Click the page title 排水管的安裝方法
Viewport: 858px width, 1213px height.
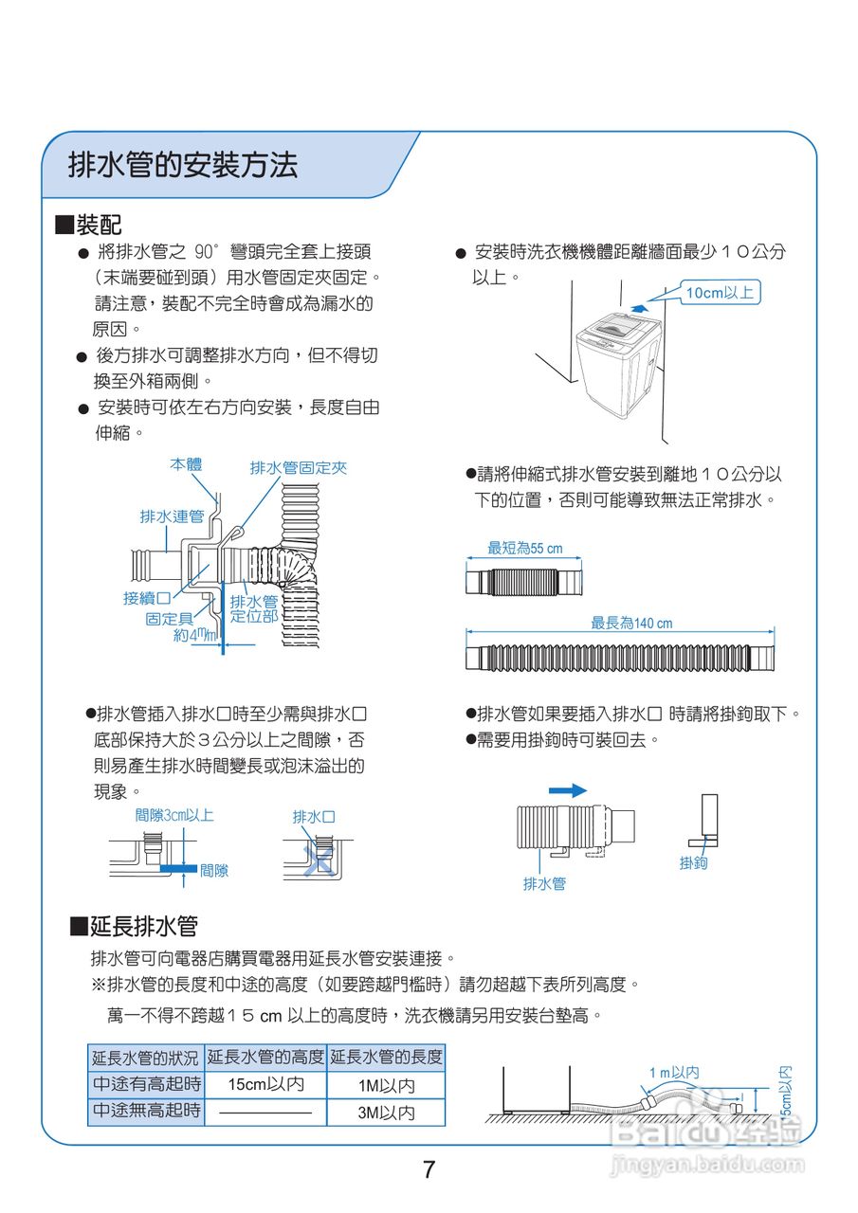click(x=183, y=166)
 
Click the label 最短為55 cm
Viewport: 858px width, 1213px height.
click(x=524, y=549)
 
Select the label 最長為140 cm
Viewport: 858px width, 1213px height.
click(x=631, y=624)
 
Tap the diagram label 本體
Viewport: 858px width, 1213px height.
click(x=186, y=465)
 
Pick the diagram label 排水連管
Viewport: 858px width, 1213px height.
click(x=172, y=516)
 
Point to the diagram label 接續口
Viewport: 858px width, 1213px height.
click(x=147, y=598)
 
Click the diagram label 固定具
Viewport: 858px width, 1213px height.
click(x=169, y=619)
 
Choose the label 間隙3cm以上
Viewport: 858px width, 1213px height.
click(x=173, y=815)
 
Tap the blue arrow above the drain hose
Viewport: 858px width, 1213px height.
click(x=567, y=790)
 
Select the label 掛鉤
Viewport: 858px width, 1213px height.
click(x=694, y=863)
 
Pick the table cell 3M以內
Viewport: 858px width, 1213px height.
click(x=386, y=1113)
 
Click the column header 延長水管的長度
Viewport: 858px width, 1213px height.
click(x=386, y=1057)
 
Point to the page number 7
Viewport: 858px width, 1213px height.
click(x=429, y=1169)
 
